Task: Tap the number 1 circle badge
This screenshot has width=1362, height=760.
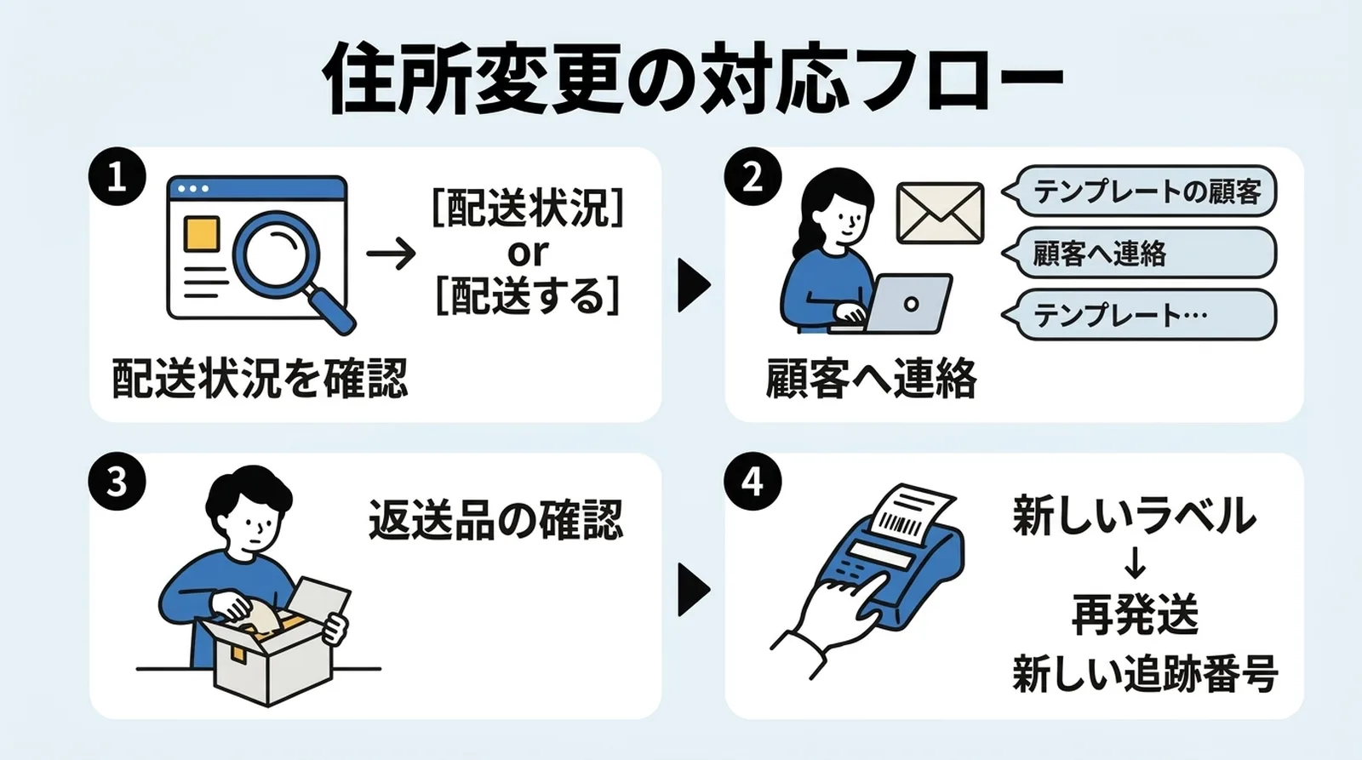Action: (117, 177)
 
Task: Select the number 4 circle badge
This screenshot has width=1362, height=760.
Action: (753, 482)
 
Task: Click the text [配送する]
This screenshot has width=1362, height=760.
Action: (528, 295)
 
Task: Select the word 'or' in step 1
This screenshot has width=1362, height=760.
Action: (528, 252)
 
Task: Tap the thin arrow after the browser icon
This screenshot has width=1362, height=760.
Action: (391, 254)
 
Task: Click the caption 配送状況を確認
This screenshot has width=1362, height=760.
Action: (260, 378)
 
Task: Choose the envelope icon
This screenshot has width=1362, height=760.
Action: (940, 212)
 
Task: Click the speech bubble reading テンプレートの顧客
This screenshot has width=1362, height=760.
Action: (1141, 191)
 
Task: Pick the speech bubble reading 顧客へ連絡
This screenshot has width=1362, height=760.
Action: (1141, 253)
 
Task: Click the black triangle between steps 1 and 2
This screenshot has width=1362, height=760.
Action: (693, 285)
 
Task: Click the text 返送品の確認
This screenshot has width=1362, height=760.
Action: (495, 518)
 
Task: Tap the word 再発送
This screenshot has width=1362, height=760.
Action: (1134, 614)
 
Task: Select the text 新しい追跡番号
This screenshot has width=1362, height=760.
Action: (1144, 674)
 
